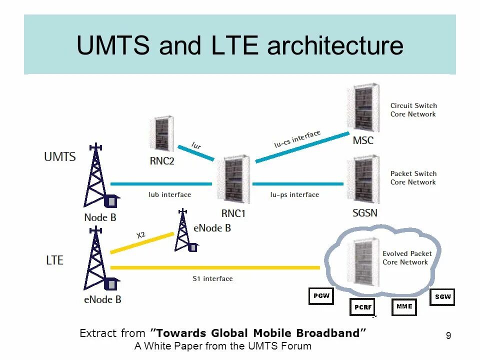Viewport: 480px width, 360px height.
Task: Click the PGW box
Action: pyautogui.click(x=321, y=296)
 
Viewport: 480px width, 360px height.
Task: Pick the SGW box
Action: pyautogui.click(x=442, y=296)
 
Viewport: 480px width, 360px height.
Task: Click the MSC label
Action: pyautogui.click(x=363, y=140)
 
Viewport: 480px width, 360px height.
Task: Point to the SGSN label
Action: pyautogui.click(x=365, y=213)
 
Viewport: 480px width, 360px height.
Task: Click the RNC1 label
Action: pyautogui.click(x=233, y=213)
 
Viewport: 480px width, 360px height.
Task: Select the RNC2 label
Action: pyautogui.click(x=162, y=161)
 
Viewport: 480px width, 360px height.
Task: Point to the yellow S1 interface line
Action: pyautogui.click(x=215, y=267)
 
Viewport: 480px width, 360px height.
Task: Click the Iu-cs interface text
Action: pyautogui.click(x=297, y=139)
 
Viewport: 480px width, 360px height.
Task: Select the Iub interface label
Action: pyautogui.click(x=169, y=194)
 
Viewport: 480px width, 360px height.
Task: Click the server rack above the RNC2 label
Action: pyautogui.click(x=162, y=134)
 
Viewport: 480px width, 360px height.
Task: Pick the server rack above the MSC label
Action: pyautogui.click(x=363, y=109)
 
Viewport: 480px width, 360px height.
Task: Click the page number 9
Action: pyautogui.click(x=448, y=336)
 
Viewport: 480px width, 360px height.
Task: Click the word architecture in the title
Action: pyautogui.click(x=335, y=46)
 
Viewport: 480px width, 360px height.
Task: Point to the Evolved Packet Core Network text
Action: pyautogui.click(x=407, y=258)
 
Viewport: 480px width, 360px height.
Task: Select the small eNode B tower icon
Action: pyautogui.click(x=183, y=231)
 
